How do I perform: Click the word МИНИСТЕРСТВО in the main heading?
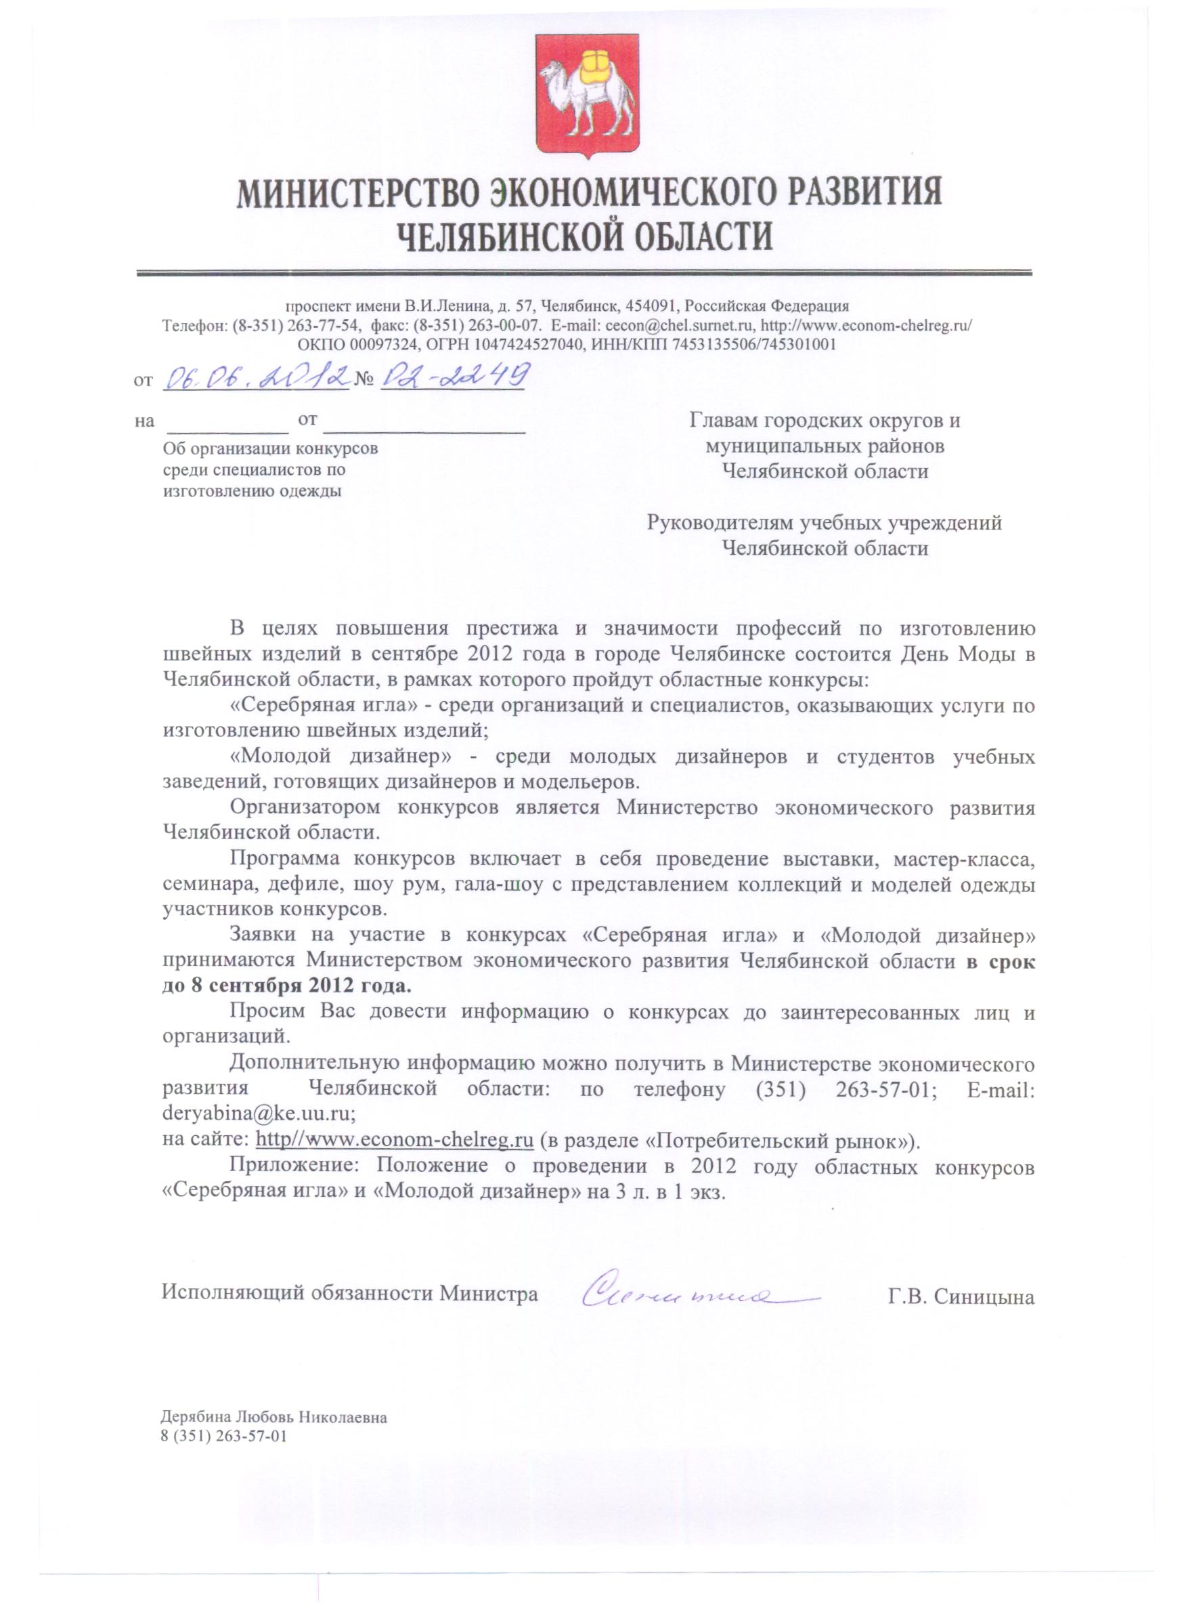click(355, 195)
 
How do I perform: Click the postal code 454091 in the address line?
click(649, 306)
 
